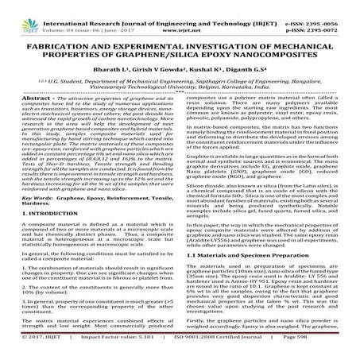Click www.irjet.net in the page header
179,15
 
